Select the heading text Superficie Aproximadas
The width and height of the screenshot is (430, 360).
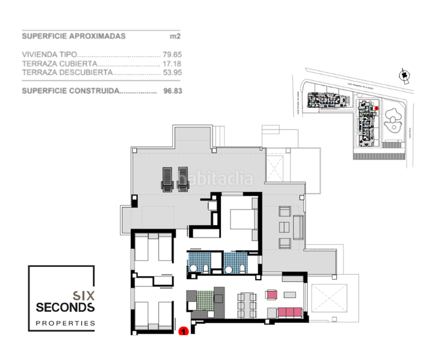(73, 36)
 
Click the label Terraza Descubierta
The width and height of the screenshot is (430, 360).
(67, 72)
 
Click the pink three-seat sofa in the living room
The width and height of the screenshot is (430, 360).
(289, 313)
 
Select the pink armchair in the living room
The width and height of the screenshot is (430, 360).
(272, 295)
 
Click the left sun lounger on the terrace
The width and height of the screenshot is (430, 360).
(166, 179)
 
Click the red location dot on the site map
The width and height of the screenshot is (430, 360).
(377, 108)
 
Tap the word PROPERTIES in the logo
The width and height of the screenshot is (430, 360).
(65, 323)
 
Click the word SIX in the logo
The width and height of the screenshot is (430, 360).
(82, 295)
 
